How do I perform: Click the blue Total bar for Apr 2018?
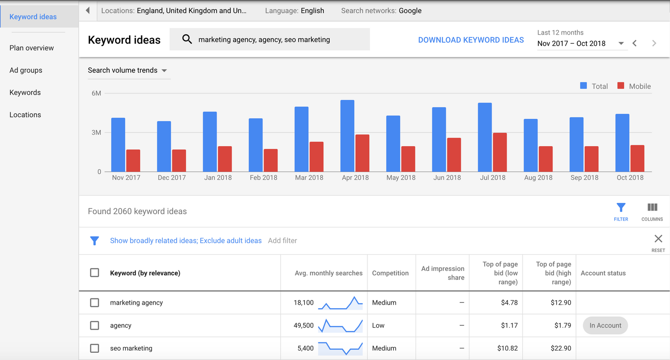347,136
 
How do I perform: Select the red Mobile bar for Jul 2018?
500,153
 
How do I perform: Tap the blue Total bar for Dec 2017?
164,147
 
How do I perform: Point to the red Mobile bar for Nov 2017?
133,161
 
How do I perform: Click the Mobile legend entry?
634,86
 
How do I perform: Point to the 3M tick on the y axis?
96,133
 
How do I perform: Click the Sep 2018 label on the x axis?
584,178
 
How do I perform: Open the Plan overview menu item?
31,48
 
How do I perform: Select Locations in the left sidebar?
25,115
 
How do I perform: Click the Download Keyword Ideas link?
471,40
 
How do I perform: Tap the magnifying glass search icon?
187,40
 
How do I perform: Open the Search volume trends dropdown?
127,70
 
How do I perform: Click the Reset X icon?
658,239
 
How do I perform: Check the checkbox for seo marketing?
94,348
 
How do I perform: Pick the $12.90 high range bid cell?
561,303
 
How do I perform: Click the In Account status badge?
605,325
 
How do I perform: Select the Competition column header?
390,273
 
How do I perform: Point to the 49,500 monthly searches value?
304,325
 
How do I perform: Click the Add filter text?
282,241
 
